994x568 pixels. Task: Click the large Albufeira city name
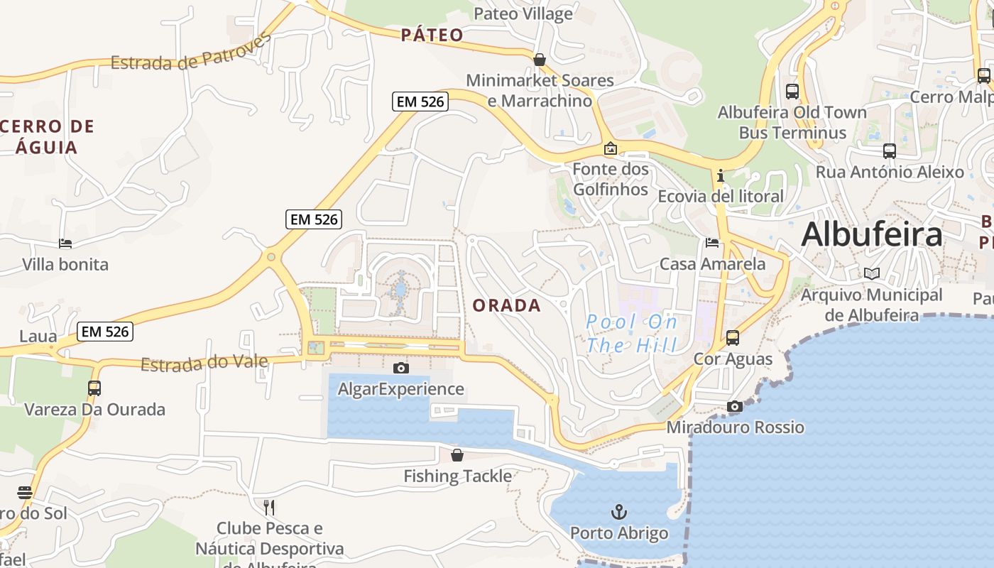[872, 234]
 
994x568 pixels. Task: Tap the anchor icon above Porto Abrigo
[619, 511]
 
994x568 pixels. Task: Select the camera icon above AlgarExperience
[401, 368]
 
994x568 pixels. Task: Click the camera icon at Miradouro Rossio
[735, 406]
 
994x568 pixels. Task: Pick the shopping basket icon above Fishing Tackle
[457, 455]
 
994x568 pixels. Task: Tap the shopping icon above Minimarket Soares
[540, 60]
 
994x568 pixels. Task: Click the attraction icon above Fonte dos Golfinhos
[610, 148]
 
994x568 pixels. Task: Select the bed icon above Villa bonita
[65, 244]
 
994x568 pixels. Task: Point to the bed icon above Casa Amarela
[712, 243]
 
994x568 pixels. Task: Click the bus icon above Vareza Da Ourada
[94, 388]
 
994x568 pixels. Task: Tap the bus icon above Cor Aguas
[733, 337]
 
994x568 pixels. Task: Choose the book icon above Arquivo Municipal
[872, 273]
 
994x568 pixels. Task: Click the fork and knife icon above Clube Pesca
[269, 507]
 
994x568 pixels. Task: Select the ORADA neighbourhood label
[507, 306]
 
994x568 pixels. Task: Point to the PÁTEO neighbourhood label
[432, 35]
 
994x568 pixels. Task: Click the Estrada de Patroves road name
[191, 53]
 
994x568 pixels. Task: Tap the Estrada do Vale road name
[204, 364]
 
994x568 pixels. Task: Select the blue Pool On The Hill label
[631, 334]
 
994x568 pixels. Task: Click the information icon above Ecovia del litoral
[721, 175]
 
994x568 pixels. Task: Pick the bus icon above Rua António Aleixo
[890, 151]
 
